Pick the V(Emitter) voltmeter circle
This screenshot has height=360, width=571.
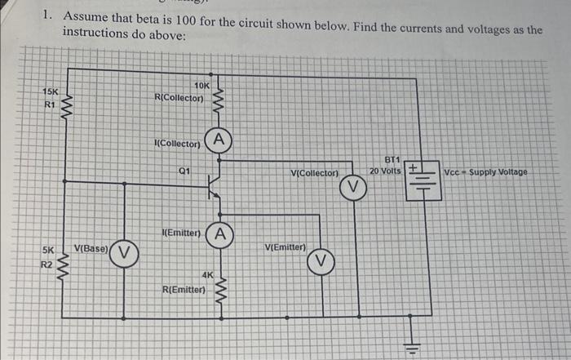pos(321,260)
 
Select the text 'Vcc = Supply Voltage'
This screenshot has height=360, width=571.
pos(486,172)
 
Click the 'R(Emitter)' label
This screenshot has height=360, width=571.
pos(184,288)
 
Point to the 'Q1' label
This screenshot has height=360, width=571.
pos(184,170)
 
